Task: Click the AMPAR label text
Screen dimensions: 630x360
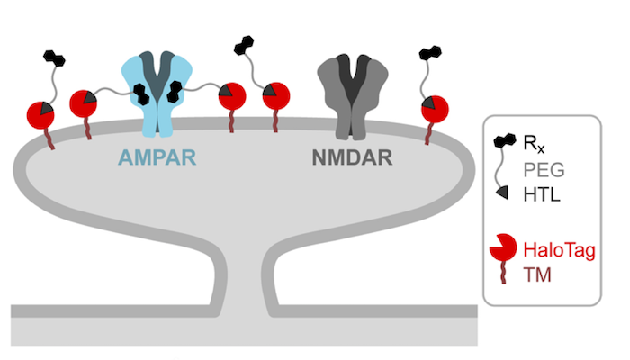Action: (x=157, y=157)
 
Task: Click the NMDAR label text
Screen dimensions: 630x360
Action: (x=353, y=157)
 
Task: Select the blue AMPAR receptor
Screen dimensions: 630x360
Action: (x=157, y=94)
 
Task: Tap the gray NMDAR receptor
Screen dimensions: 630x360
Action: (x=353, y=97)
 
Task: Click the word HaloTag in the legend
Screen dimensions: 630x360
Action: (x=559, y=250)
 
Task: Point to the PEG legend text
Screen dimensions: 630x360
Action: (x=544, y=170)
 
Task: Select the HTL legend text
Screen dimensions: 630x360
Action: (x=542, y=195)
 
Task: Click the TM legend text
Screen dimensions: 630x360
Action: (x=536, y=275)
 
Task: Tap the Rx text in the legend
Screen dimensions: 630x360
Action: (x=534, y=143)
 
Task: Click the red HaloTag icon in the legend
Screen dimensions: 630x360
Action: (x=503, y=247)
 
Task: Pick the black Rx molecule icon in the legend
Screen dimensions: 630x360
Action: (x=505, y=140)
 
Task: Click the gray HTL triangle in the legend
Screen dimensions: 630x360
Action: (x=502, y=193)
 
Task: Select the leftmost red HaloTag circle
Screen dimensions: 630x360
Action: (x=40, y=115)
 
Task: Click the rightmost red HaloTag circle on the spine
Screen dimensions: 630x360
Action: (x=435, y=109)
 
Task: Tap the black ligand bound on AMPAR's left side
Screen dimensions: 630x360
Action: (x=141, y=94)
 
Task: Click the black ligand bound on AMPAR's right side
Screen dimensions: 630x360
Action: (x=175, y=91)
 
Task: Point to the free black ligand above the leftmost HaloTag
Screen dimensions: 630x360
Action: (x=54, y=58)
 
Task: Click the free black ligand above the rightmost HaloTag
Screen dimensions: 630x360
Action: (x=430, y=53)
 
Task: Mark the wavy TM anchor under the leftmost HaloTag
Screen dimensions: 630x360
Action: (x=49, y=139)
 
